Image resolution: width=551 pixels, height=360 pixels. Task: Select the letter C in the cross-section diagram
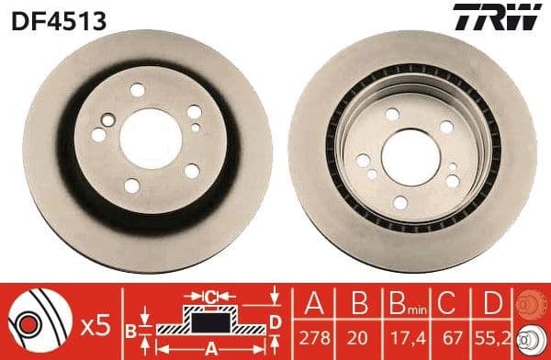click(211, 297)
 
